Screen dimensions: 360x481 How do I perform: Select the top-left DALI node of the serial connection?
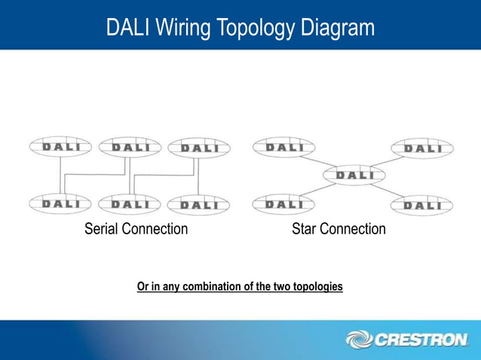point(60,148)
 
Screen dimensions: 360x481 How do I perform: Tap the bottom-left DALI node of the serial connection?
point(60,203)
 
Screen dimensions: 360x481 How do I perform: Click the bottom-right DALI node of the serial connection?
point(198,204)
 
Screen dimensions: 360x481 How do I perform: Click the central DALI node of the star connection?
point(354,175)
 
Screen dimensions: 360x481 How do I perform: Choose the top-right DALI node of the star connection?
point(421,148)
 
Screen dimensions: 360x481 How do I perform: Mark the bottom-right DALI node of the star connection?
point(421,205)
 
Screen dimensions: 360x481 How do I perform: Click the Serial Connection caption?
point(136,229)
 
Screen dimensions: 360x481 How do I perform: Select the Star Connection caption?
point(339,229)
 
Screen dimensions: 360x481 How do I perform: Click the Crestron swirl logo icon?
point(358,340)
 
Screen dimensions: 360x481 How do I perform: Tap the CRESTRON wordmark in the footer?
point(420,340)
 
